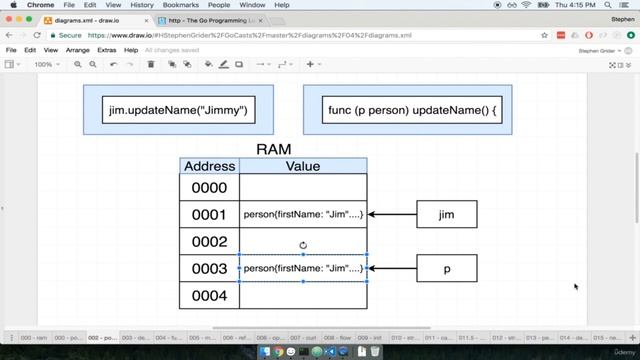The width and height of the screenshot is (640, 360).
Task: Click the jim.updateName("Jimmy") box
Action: tap(178, 110)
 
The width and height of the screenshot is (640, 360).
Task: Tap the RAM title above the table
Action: tap(273, 149)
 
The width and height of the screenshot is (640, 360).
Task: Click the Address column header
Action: tap(210, 166)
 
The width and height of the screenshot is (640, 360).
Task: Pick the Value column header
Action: tap(303, 166)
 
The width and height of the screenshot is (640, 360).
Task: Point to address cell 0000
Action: tap(210, 188)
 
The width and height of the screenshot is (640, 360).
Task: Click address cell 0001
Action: tap(210, 214)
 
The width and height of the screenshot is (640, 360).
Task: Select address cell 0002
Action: tap(210, 242)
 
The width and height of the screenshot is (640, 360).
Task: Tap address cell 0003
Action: tap(210, 269)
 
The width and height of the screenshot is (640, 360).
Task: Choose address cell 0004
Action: tap(210, 296)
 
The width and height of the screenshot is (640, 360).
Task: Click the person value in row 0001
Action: tap(303, 214)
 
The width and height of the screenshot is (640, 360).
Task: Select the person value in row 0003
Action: tap(303, 268)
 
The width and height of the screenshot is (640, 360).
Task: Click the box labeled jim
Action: tap(446, 214)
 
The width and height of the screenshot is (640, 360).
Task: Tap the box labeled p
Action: tap(446, 268)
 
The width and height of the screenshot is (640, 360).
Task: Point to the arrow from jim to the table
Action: tap(392, 214)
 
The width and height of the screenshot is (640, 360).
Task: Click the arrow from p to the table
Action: tap(392, 268)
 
